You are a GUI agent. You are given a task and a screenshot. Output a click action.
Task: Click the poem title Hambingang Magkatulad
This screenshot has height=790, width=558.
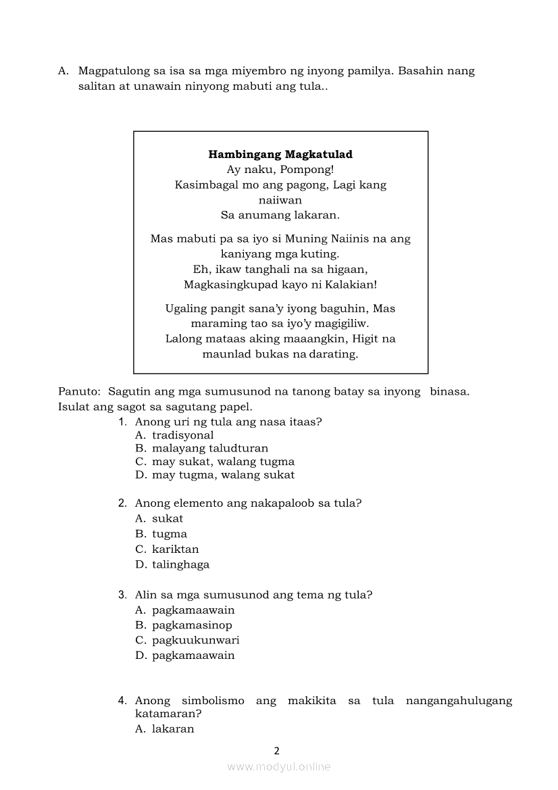pos(280,155)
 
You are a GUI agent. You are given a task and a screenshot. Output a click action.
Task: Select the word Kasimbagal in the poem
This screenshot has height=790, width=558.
pos(203,185)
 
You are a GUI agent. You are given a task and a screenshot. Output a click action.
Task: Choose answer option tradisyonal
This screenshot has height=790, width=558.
pos(182,436)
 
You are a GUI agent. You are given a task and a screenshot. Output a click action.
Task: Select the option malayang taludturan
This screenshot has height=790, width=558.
pos(209,449)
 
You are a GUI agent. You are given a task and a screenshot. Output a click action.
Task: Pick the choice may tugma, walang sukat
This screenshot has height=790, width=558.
pos(223,475)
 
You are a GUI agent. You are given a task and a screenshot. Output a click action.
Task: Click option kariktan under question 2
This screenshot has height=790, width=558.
pos(175,549)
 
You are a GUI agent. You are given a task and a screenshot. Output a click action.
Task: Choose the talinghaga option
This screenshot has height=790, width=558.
pos(180,565)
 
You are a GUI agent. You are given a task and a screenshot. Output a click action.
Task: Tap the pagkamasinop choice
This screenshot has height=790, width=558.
pos(192,625)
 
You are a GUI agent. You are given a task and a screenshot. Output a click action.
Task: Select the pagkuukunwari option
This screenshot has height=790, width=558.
pos(195,640)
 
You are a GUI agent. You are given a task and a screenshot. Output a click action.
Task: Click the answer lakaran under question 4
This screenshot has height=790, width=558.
pos(173,729)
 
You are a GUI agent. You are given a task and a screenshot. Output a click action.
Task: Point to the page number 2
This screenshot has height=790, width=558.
pos(276,750)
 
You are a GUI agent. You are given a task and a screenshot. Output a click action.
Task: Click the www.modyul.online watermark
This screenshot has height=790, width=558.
pos(279,767)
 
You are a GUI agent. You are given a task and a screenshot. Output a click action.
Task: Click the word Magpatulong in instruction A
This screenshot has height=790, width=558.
pos(113,71)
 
